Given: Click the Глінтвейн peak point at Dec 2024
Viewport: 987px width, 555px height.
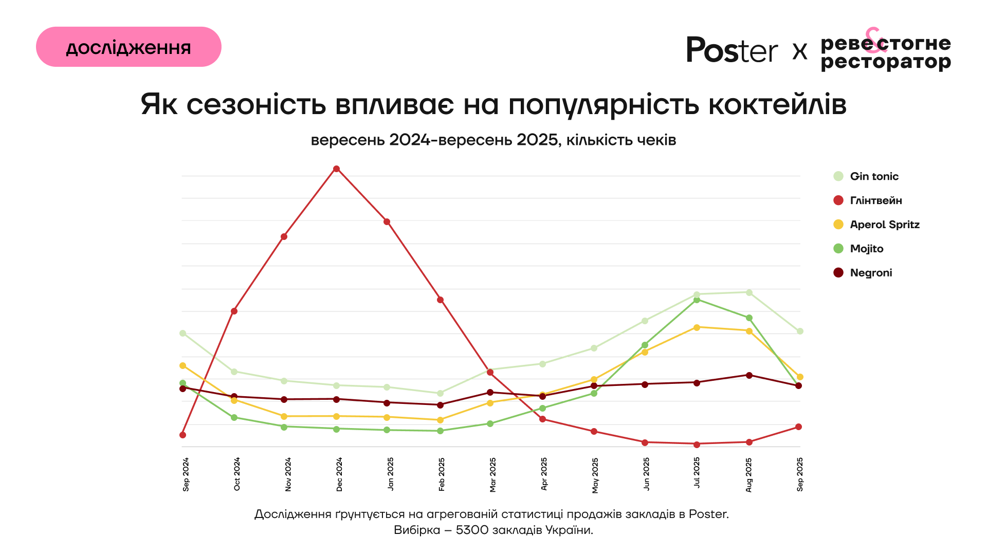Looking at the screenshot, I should (x=336, y=169).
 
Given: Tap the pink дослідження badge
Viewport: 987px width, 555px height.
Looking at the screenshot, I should (x=129, y=47).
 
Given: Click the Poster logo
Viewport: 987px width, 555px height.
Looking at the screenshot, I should (x=732, y=50).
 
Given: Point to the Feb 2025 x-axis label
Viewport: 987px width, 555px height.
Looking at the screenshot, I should (x=442, y=474).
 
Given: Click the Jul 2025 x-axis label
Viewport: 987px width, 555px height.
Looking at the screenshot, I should (x=697, y=473).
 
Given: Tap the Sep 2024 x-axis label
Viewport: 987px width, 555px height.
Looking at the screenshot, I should (x=186, y=474).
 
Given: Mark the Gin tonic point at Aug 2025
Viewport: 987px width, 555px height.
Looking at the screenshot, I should (x=749, y=293).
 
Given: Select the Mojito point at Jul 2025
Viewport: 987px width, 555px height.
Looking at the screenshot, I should (x=697, y=300).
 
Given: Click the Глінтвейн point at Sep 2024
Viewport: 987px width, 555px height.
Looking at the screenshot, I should (x=182, y=435).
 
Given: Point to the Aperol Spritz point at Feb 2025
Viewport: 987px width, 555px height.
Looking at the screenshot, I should (x=440, y=420).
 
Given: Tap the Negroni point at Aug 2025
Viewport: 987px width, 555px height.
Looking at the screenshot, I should (x=749, y=376).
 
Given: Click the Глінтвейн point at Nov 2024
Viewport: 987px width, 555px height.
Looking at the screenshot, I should (x=284, y=237).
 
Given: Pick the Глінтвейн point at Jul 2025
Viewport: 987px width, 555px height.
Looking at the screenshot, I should (x=697, y=445).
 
